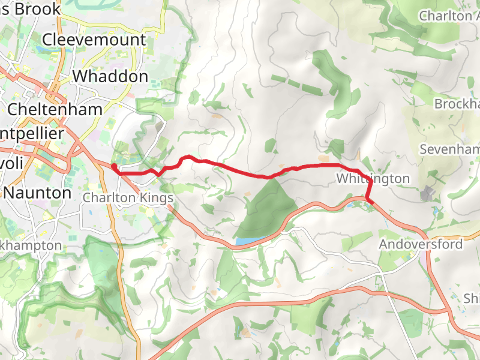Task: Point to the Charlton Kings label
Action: (128, 198)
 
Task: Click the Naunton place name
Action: (38, 193)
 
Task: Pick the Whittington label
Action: (373, 179)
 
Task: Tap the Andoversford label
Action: (421, 244)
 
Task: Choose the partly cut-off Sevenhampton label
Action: (450, 149)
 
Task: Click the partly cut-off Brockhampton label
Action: (457, 104)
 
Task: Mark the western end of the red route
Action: (113, 166)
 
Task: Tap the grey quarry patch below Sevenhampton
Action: (429, 193)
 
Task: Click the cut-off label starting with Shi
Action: (472, 298)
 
